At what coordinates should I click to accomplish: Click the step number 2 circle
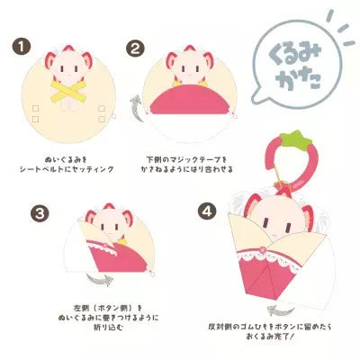[x=136, y=47]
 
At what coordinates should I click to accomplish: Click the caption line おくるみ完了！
[x=297, y=337]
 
